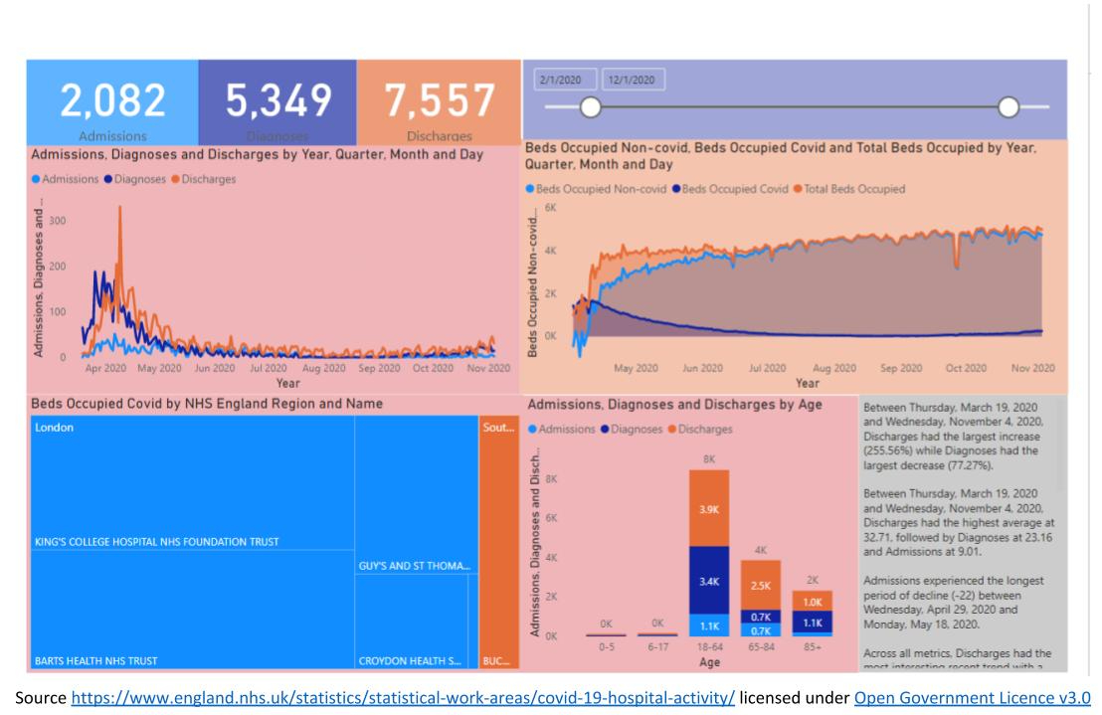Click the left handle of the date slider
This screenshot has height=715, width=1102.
pyautogui.click(x=591, y=106)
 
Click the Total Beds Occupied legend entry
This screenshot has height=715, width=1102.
pyautogui.click(x=855, y=189)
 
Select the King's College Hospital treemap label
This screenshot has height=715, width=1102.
pyautogui.click(x=155, y=542)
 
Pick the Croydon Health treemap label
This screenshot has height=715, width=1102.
pyautogui.click(x=409, y=659)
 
